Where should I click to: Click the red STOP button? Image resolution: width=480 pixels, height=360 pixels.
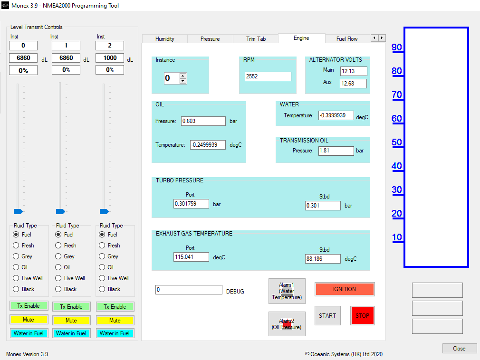click(x=363, y=316)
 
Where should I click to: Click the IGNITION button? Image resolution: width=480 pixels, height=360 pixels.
click(x=345, y=289)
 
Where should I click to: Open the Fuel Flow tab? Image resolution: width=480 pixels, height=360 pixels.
click(x=347, y=39)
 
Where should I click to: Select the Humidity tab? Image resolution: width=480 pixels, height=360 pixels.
click(x=165, y=39)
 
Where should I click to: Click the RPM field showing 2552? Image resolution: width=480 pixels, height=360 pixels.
click(x=268, y=76)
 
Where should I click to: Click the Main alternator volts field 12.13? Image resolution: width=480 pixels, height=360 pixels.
click(x=354, y=71)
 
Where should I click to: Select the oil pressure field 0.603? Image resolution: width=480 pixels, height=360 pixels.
click(x=203, y=121)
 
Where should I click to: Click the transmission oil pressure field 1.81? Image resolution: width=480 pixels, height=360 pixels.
click(x=336, y=151)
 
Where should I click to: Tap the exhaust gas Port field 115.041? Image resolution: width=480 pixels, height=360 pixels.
click(x=192, y=257)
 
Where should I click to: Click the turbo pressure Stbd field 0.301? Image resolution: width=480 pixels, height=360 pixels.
click(x=323, y=206)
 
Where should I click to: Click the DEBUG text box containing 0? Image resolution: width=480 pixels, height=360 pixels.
click(x=189, y=290)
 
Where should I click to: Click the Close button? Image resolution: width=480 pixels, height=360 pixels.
click(x=459, y=349)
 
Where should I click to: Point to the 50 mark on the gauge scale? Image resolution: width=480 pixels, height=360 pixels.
click(x=397, y=142)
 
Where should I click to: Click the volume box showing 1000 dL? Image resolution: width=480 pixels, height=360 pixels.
click(x=110, y=58)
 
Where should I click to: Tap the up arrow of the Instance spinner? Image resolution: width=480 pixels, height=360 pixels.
click(x=183, y=76)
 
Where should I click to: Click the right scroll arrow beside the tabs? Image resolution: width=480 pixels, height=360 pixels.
click(x=382, y=38)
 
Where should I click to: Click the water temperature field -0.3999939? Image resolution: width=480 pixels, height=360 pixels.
click(x=336, y=115)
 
